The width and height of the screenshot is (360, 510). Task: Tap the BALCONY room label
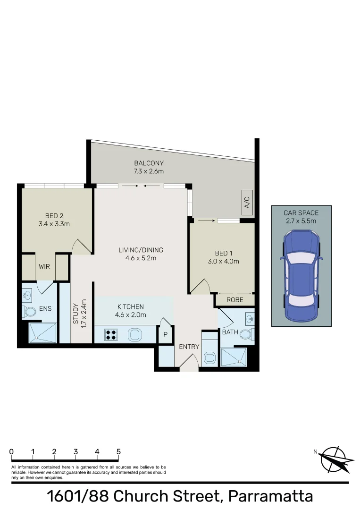pyautogui.click(x=149, y=163)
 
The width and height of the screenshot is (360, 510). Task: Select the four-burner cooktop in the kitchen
pyautogui.click(x=111, y=335)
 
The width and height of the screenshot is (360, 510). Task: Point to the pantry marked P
pyautogui.click(x=165, y=334)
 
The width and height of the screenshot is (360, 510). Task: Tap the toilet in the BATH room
pyautogui.click(x=246, y=335)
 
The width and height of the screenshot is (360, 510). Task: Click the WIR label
pyautogui.click(x=44, y=266)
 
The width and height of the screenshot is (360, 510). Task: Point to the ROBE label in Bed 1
pyautogui.click(x=234, y=299)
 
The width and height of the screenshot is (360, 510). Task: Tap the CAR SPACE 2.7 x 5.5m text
pyautogui.click(x=301, y=217)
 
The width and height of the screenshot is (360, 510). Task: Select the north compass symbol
pyautogui.click(x=335, y=459)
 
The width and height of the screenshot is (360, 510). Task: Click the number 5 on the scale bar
pyautogui.click(x=118, y=451)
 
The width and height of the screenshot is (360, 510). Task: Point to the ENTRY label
pyautogui.click(x=189, y=347)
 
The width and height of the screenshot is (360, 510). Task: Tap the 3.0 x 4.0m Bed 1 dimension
pyautogui.click(x=224, y=261)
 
